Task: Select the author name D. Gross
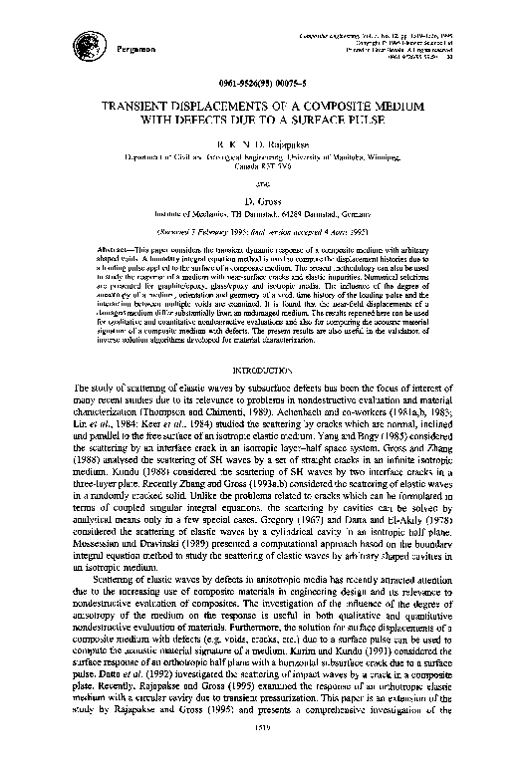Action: [x=267, y=199]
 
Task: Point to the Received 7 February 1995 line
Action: [x=266, y=228]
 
